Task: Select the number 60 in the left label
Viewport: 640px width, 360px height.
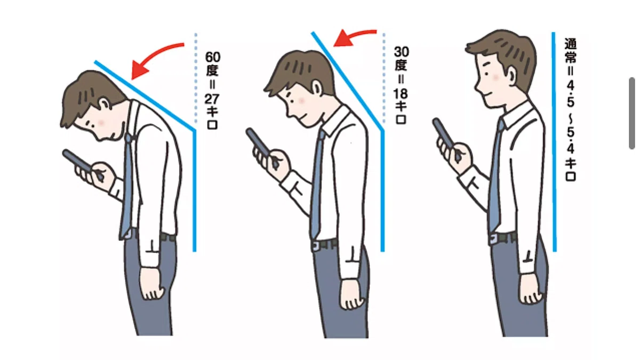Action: (213, 57)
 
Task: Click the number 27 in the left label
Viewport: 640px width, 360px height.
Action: (212, 99)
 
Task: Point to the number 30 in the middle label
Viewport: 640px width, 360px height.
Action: (401, 52)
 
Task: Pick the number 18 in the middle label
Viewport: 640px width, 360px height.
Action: (401, 94)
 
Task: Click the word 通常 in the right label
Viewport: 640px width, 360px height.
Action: (570, 51)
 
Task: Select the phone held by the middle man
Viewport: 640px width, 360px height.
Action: (259, 143)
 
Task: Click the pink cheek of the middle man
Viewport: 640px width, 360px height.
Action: (301, 100)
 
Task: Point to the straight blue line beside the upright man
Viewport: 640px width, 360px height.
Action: (554, 142)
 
